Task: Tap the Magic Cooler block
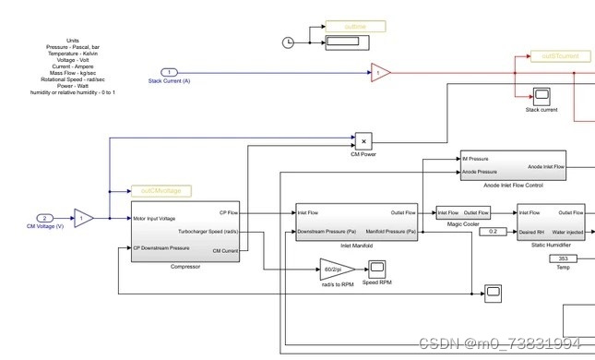click(x=463, y=213)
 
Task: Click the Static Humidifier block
click(x=551, y=222)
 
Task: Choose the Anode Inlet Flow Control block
click(x=513, y=165)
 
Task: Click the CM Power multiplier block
click(x=363, y=141)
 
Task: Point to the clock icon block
click(x=288, y=42)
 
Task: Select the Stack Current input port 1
click(x=169, y=71)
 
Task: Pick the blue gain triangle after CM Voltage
click(x=83, y=219)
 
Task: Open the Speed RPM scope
click(x=377, y=269)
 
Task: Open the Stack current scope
click(x=541, y=96)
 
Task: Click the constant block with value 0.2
click(x=494, y=231)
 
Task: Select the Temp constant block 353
click(x=564, y=259)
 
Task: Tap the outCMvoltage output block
click(x=161, y=191)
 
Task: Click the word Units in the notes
click(x=73, y=41)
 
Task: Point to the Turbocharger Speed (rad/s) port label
click(x=209, y=231)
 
